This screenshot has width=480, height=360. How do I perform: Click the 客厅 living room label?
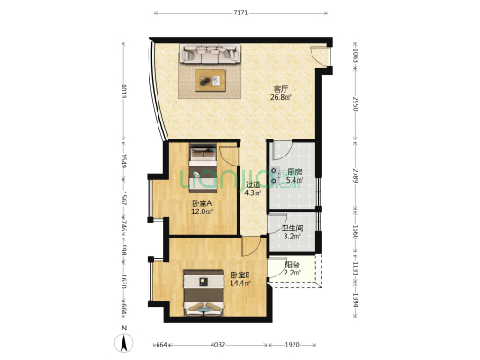[282, 88]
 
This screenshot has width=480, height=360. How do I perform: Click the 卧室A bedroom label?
[201, 203]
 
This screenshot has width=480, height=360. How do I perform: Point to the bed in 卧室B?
[206, 295]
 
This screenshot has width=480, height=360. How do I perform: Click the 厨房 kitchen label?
[294, 172]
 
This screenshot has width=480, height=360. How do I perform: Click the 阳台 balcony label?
[293, 264]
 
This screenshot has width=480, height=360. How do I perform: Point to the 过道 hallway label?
[254, 185]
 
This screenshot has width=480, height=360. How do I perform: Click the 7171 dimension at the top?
[240, 13]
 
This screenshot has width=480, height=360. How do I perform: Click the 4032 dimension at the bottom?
[220, 344]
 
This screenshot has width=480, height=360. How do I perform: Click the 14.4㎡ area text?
[240, 283]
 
